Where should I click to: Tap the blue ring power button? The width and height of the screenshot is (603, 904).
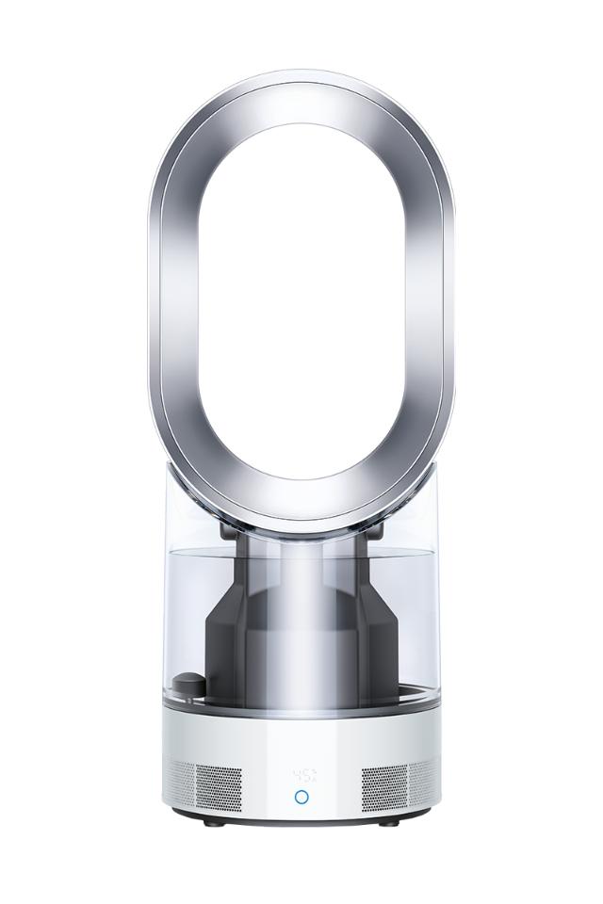point(301,797)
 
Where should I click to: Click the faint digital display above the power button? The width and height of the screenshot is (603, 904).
point(303,776)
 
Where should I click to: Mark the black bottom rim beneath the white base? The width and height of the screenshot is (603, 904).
point(301,822)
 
